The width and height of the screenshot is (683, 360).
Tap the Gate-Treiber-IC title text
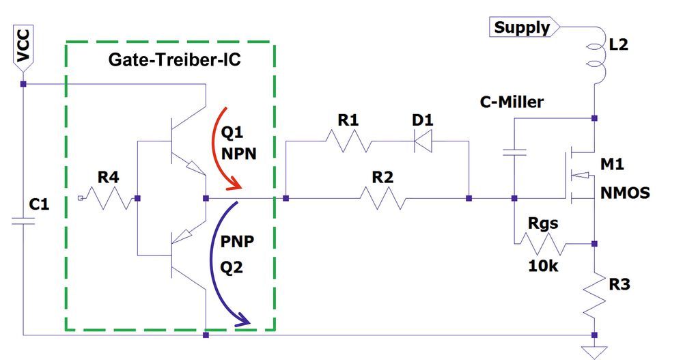coord(175,60)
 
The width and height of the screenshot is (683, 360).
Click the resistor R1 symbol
coord(348,141)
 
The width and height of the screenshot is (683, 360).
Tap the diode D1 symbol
coord(424,141)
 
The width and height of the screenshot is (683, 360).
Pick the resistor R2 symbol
coord(382,199)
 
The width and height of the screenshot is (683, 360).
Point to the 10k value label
coord(543,266)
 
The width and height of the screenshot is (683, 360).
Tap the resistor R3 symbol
coord(594,295)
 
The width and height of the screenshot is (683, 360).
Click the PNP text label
coord(238,243)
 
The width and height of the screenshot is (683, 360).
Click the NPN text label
coord(238,153)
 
